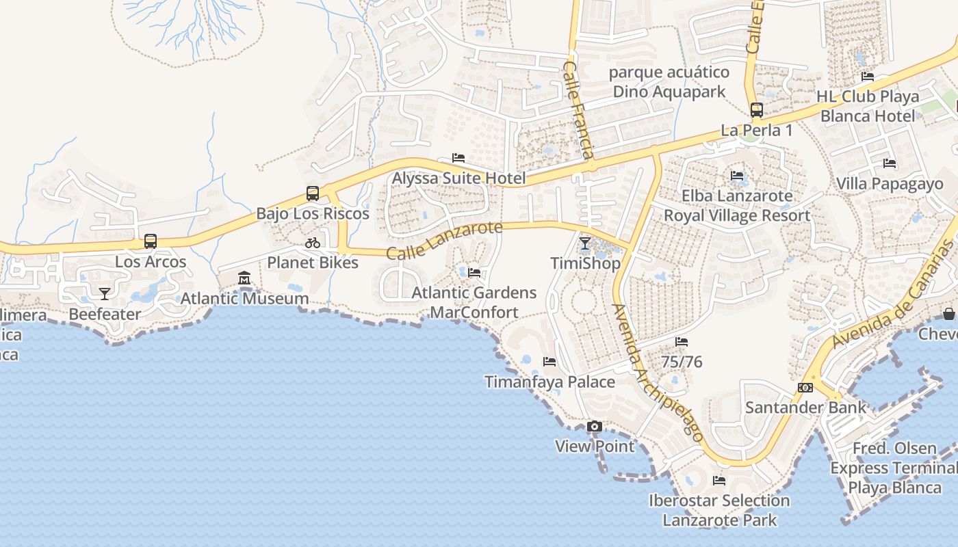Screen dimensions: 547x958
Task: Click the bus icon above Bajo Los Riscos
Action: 313,194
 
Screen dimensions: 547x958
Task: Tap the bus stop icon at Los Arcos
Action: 151,241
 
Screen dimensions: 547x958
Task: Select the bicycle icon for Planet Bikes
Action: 313,243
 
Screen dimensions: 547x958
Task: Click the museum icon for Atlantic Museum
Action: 244,278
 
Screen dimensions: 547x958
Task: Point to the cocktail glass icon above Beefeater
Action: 104,294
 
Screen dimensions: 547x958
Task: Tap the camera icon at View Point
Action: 595,427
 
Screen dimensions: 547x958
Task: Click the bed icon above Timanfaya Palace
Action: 549,362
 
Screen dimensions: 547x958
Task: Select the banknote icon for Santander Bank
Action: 805,388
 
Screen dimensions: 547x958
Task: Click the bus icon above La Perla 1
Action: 757,110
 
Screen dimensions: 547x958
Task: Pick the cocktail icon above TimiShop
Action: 585,243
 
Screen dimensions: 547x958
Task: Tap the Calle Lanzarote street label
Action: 444,241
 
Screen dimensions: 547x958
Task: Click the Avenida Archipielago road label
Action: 658,373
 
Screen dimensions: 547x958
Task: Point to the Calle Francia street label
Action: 578,109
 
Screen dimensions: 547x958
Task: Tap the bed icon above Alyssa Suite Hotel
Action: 458,158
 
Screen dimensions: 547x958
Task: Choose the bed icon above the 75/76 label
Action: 682,342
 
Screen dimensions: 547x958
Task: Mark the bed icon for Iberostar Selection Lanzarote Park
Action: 719,481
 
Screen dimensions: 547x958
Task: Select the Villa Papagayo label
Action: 890,183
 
